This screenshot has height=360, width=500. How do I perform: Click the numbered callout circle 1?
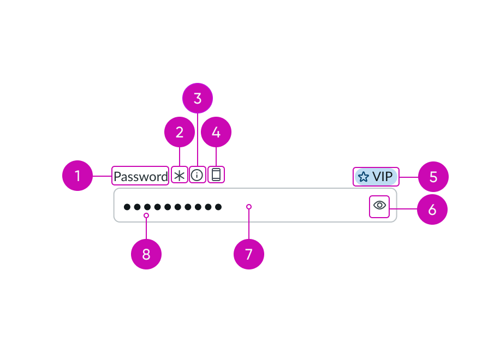(x=78, y=176)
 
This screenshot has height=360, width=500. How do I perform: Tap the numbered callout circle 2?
(x=180, y=132)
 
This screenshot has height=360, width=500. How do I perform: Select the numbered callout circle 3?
(x=198, y=99)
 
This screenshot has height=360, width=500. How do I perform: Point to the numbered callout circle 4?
(x=216, y=132)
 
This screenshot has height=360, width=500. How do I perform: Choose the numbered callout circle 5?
(x=433, y=177)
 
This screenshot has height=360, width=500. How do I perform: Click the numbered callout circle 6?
(x=432, y=209)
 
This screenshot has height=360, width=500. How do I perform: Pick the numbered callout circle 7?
(x=249, y=254)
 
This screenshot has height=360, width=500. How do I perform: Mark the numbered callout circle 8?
(x=146, y=254)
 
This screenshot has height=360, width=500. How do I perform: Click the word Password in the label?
(x=140, y=176)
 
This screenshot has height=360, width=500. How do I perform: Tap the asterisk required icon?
(x=179, y=175)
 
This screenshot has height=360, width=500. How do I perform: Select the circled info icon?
(x=198, y=175)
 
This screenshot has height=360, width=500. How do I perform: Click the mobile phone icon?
(x=216, y=175)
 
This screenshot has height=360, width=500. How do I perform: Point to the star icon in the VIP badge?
(x=364, y=177)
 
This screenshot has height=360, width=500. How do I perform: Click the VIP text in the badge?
(x=383, y=177)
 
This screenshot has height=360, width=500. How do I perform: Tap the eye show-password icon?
(x=379, y=206)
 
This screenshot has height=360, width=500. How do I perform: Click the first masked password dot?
(x=127, y=207)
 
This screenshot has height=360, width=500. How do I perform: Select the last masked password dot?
(x=218, y=207)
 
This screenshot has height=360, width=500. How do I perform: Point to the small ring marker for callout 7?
(x=249, y=207)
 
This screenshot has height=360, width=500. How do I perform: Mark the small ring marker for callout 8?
(x=146, y=216)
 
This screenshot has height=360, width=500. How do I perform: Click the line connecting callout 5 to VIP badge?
(x=408, y=177)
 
